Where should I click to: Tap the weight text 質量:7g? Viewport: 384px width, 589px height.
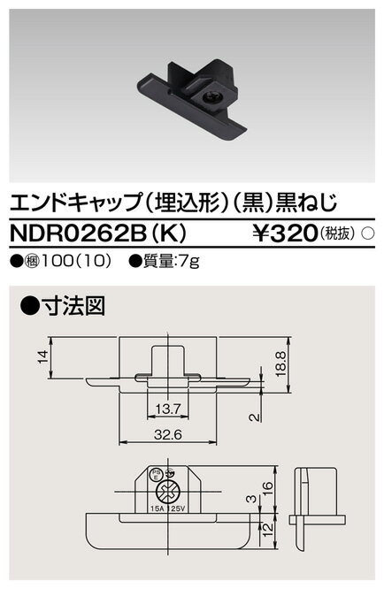point(177,263)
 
